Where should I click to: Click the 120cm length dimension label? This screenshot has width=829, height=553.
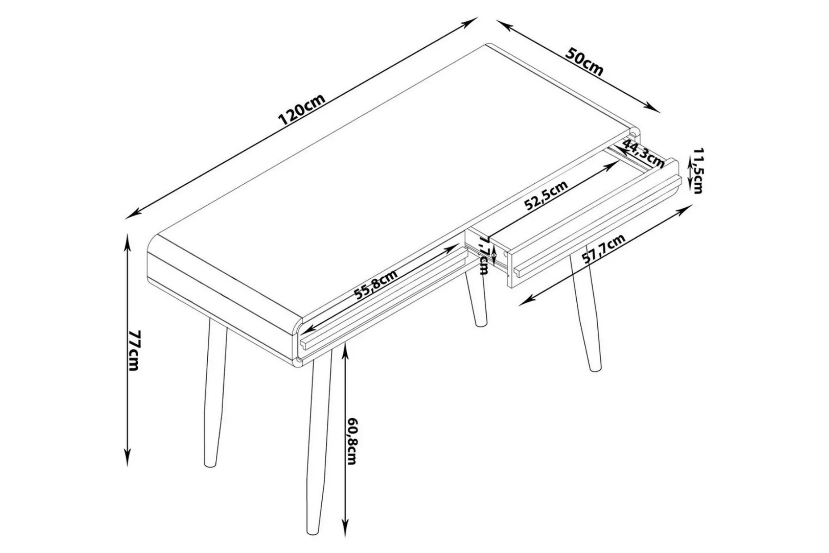point(302,110)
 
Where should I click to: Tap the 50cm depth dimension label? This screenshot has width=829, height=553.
point(584,62)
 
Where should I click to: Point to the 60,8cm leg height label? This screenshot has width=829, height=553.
point(352,441)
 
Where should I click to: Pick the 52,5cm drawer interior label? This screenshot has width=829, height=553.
point(546,195)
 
